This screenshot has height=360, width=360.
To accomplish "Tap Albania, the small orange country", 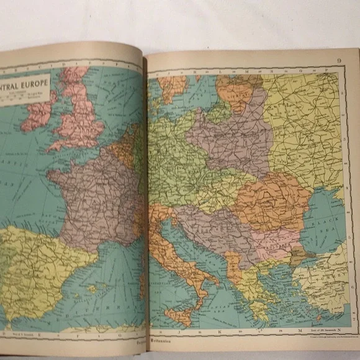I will point(233,267).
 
